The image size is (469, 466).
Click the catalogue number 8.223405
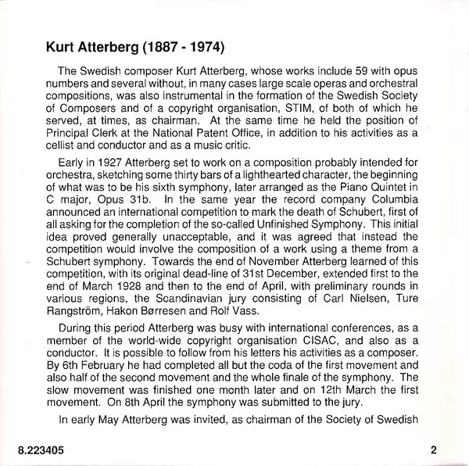(39, 450)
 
